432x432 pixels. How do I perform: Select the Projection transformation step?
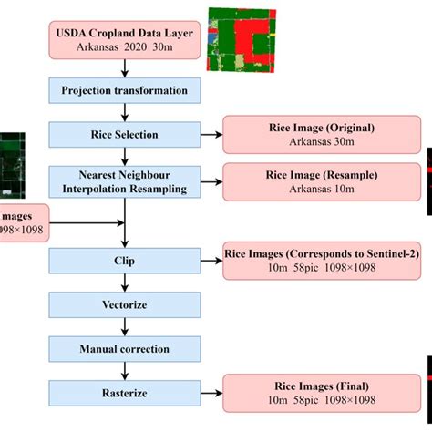pyautogui.click(x=124, y=90)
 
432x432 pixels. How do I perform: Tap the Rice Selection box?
pyautogui.click(x=124, y=135)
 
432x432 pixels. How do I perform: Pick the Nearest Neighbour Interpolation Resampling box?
pyautogui.click(x=124, y=180)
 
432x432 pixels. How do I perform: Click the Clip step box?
pyautogui.click(x=124, y=261)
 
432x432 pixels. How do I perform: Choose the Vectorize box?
pyautogui.click(x=124, y=304)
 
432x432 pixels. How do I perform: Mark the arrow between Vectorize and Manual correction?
pyautogui.click(x=124, y=325)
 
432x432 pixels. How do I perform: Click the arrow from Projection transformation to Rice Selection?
pyautogui.click(x=124, y=112)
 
